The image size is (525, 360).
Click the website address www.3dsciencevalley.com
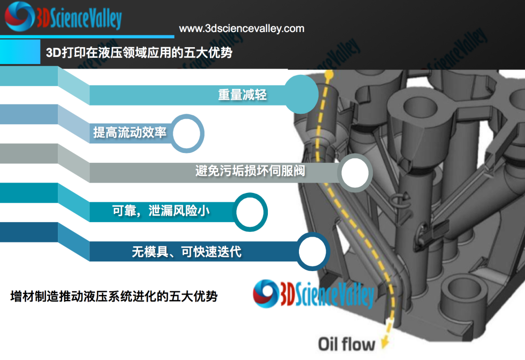242,29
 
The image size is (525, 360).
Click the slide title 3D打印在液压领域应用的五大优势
139,52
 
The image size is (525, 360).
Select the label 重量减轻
242,95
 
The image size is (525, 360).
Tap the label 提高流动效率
129,132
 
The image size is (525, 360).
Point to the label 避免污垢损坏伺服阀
250,171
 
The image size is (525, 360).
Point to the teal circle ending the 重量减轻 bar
301,94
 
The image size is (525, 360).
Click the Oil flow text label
347,344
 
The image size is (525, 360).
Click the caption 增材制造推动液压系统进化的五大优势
114,296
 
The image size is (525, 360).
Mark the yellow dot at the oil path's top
329,76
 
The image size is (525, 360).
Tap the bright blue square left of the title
20,52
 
